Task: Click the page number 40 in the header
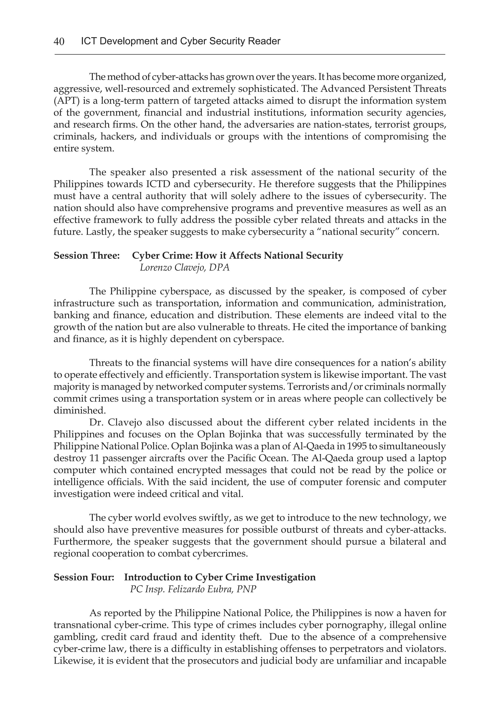pos(59,41)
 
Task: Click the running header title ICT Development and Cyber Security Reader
pos(180,41)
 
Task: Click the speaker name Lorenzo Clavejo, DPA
pos(185,268)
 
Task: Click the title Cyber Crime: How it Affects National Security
pos(237,256)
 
